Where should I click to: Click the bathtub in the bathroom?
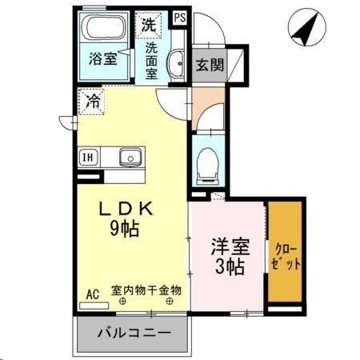(104, 30)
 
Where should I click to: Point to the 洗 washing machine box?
(148, 24)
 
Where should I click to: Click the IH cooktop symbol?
(86, 157)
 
